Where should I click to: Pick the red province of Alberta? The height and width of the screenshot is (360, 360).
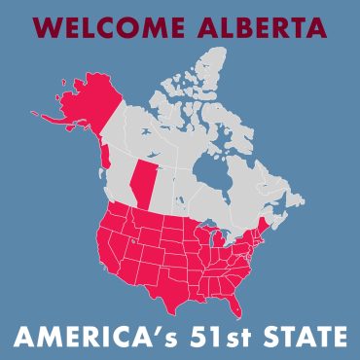point(144,184)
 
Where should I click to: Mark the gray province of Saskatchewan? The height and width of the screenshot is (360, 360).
point(164,189)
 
